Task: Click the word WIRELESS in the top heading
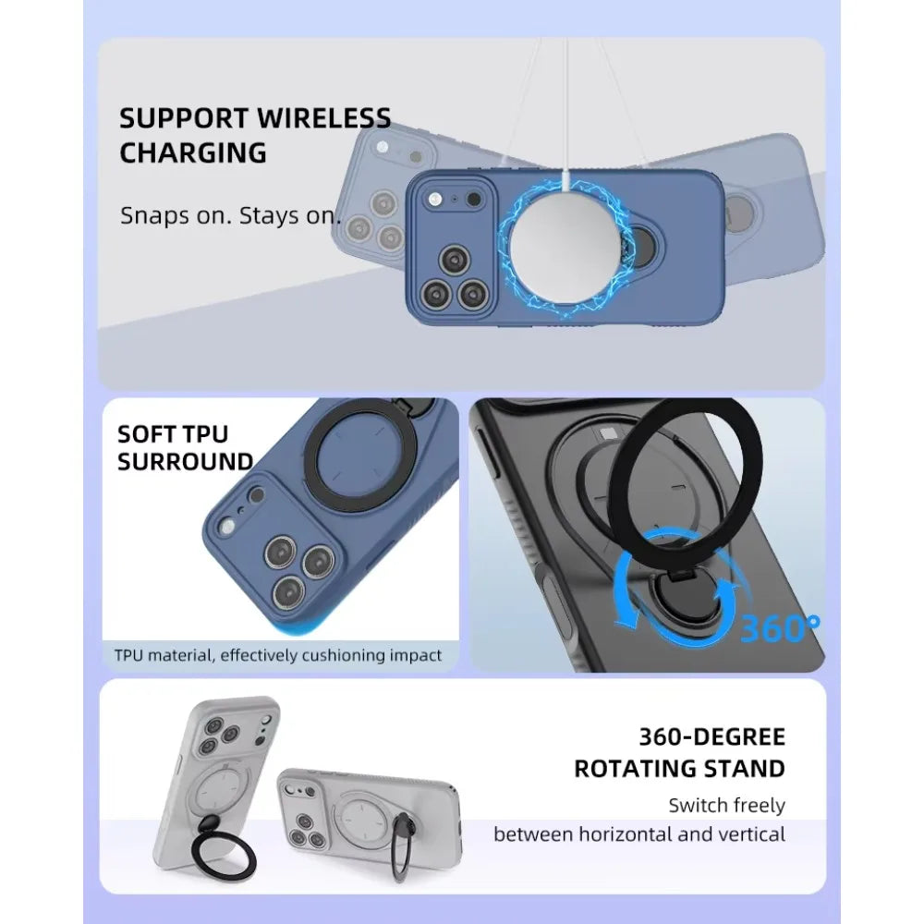(323, 118)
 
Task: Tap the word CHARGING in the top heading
(192, 152)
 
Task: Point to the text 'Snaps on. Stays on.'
(231, 217)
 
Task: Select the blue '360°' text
(779, 627)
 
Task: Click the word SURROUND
(185, 461)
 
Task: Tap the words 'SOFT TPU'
(172, 434)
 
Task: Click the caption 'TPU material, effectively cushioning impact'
(277, 655)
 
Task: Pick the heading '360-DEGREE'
(711, 736)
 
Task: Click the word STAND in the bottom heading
(742, 768)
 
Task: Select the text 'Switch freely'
(726, 805)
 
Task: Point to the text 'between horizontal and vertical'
(638, 834)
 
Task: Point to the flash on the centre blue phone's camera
(433, 199)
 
